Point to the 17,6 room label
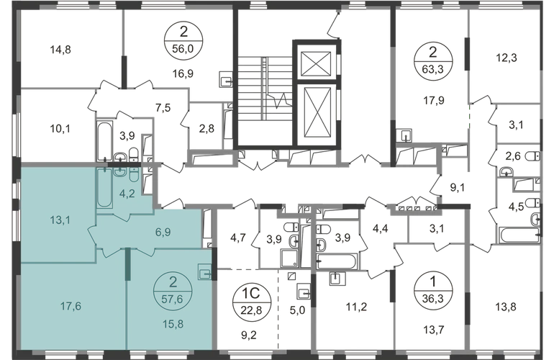pos(67,305)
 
